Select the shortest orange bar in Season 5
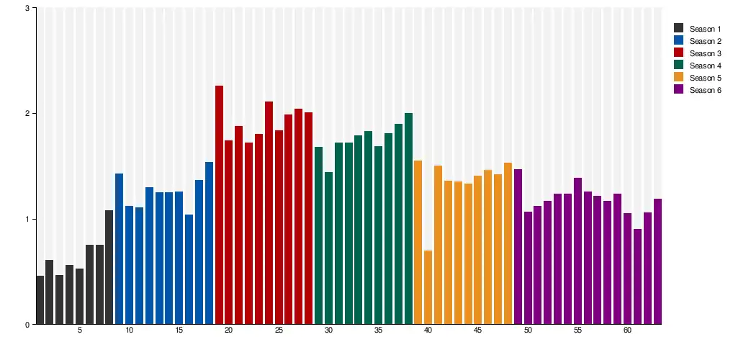click(x=428, y=287)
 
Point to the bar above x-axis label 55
click(x=577, y=251)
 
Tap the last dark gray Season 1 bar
click(x=109, y=267)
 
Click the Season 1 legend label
click(x=705, y=29)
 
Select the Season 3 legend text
click(x=705, y=53)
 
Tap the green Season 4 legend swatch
click(x=679, y=66)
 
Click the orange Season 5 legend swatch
click(x=679, y=78)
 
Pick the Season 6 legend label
click(x=705, y=90)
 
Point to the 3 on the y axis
click(x=27, y=8)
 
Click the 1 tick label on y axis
click(x=27, y=219)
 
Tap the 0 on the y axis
click(x=27, y=325)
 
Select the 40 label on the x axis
click(x=428, y=330)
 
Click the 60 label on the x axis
click(x=627, y=330)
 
